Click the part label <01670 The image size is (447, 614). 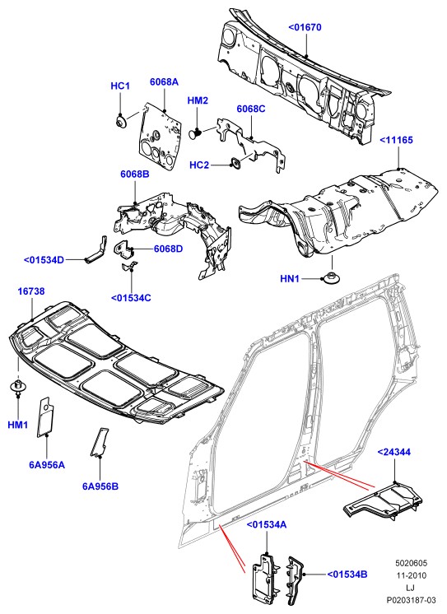click(305, 27)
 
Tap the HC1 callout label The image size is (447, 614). click(120, 86)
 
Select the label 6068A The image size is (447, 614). click(164, 81)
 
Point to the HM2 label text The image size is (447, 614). click(198, 100)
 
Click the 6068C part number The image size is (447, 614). click(251, 109)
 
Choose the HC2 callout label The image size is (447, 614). click(199, 165)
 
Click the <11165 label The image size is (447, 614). click(397, 140)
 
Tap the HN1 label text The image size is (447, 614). click(290, 279)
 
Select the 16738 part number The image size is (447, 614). click(31, 291)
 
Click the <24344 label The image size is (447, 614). click(394, 452)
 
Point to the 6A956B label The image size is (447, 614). click(100, 486)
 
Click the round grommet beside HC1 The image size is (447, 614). click(120, 120)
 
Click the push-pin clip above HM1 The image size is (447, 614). click(17, 386)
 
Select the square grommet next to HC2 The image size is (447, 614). click(236, 164)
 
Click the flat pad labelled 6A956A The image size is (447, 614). click(45, 417)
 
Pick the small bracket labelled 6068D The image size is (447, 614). click(124, 249)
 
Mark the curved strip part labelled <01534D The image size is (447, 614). click(96, 249)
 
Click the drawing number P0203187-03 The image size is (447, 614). click(411, 600)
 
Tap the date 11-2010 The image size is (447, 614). click(411, 575)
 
